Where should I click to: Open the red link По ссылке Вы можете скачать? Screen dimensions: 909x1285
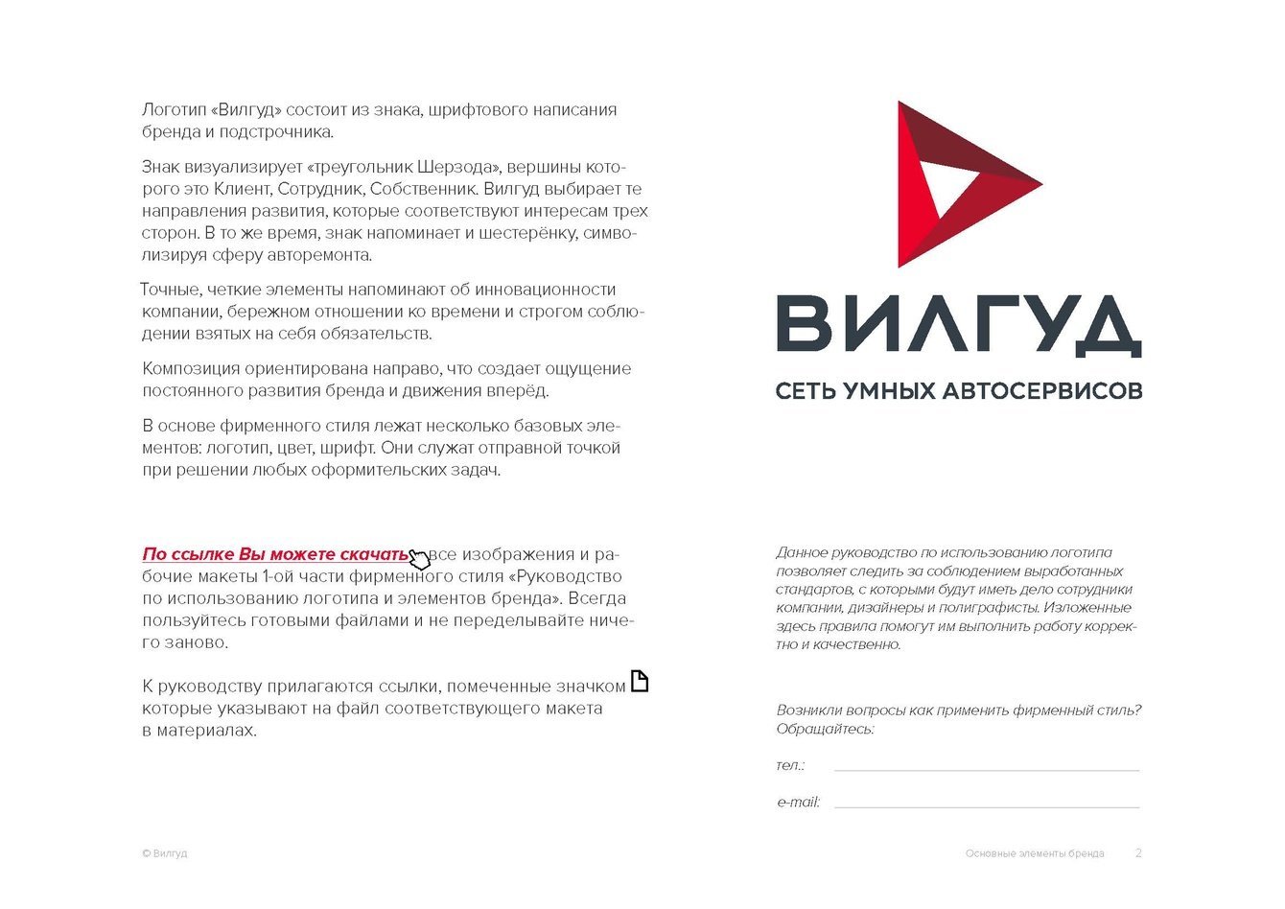click(x=275, y=554)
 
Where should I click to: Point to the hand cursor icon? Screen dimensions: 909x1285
click(x=419, y=558)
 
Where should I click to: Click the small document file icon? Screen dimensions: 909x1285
click(x=639, y=682)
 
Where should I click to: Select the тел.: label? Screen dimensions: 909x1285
click(x=790, y=765)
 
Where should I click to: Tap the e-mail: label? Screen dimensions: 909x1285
click(x=798, y=802)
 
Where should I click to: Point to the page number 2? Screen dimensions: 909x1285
click(x=1138, y=852)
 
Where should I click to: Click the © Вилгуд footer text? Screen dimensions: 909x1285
click(x=164, y=852)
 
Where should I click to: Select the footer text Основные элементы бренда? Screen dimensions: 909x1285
click(x=1035, y=852)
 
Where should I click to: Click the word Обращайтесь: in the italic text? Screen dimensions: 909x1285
click(x=825, y=729)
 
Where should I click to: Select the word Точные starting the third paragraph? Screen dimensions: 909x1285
click(x=171, y=290)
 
